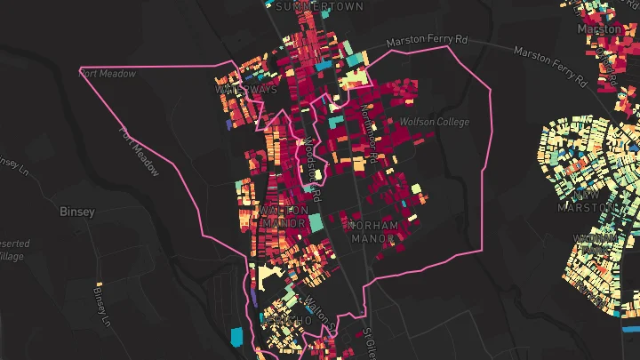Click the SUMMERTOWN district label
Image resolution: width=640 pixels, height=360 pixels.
pyautogui.click(x=308, y=6)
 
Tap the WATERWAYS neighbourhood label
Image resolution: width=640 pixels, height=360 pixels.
pyautogui.click(x=246, y=90)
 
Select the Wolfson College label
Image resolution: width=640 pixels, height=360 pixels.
pyautogui.click(x=435, y=122)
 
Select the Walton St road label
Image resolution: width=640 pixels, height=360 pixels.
pyautogui.click(x=317, y=314)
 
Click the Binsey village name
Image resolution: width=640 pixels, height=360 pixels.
pyautogui.click(x=76, y=212)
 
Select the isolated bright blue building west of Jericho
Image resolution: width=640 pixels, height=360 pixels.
pyautogui.click(x=236, y=336)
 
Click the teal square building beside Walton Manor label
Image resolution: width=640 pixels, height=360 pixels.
pyautogui.click(x=315, y=222)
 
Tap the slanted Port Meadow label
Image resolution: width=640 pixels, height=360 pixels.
pyautogui.click(x=140, y=149)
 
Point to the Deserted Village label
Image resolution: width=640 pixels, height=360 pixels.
pyautogui.click(x=12, y=250)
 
